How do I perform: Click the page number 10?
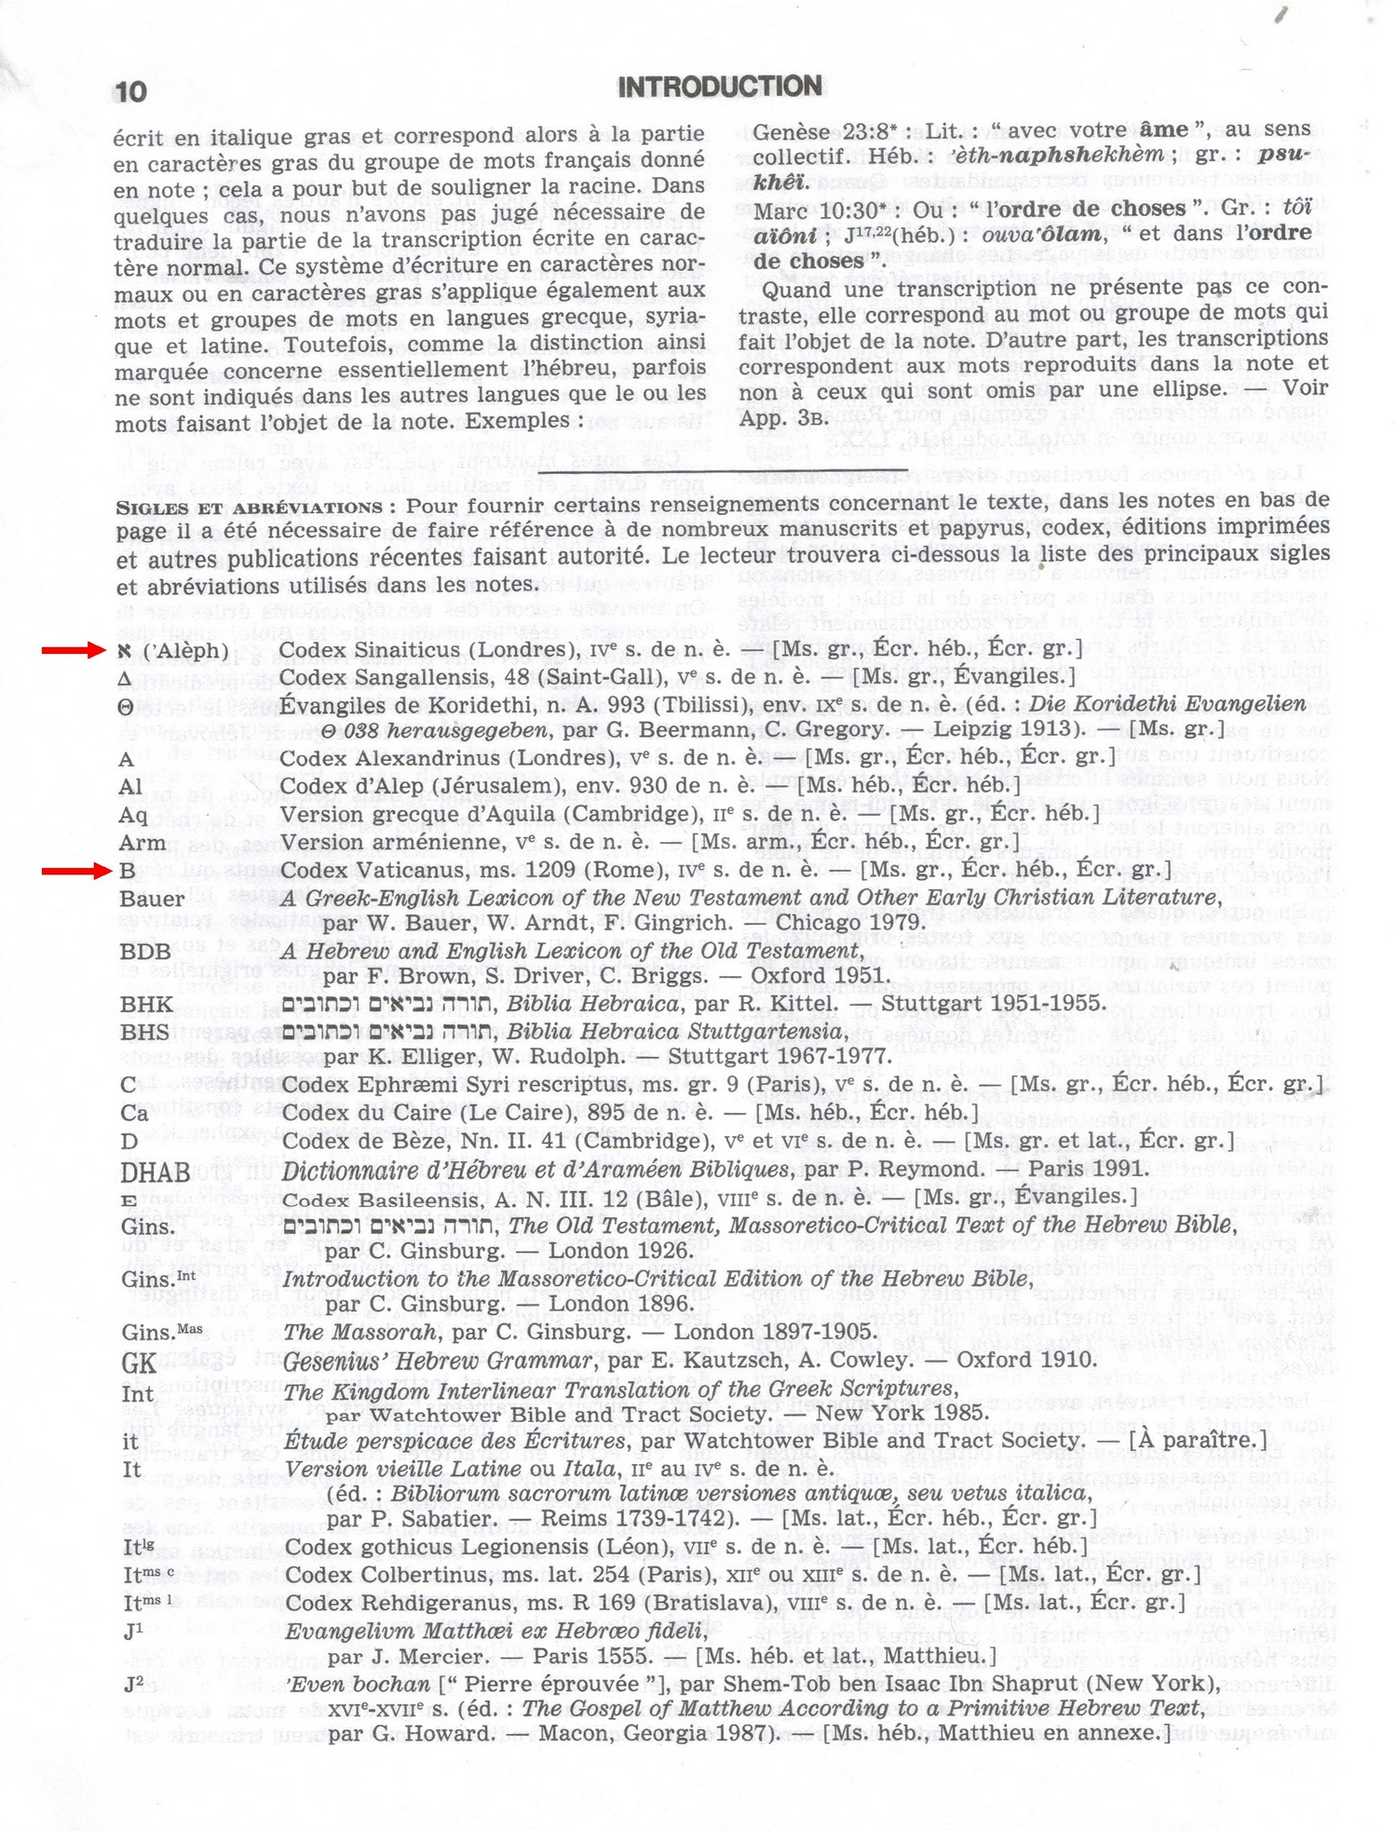pos(131,91)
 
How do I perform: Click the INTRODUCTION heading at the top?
pos(719,88)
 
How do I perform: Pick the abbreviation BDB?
pos(145,951)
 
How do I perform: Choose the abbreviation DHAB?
pos(155,1172)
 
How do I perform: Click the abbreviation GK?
pos(139,1363)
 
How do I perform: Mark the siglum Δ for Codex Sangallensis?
pos(126,679)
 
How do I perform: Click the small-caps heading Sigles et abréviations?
pos(249,509)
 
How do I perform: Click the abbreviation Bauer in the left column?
pos(152,900)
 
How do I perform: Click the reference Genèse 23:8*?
pos(824,131)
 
